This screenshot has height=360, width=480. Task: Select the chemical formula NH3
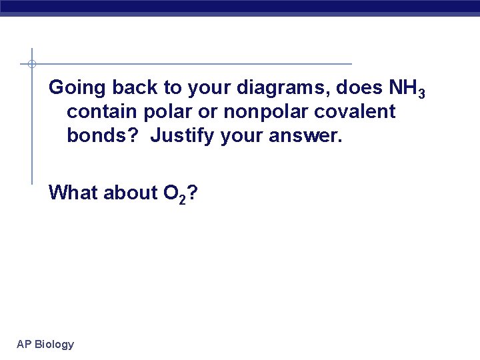pyautogui.click(x=402, y=88)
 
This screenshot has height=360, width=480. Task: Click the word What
pyautogui.click(x=73, y=193)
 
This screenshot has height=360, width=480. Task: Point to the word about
pyautogui.click(x=130, y=193)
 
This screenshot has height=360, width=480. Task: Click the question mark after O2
pyautogui.click(x=192, y=193)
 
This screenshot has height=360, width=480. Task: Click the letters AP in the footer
pyautogui.click(x=24, y=345)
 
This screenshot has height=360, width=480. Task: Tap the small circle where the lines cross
pyautogui.click(x=32, y=64)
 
